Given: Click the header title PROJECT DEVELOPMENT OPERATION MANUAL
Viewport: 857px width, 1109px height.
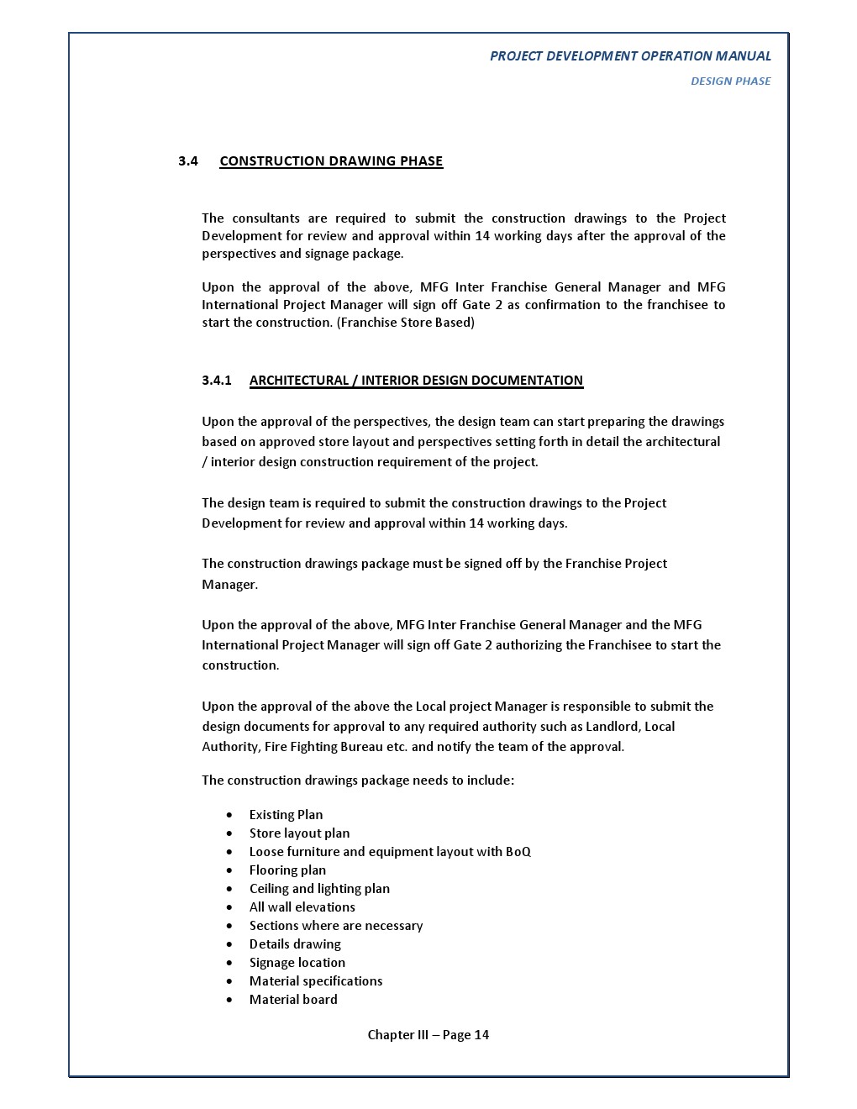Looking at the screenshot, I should (x=630, y=56).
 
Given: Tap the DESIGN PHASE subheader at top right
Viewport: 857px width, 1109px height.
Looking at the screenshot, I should (x=730, y=81).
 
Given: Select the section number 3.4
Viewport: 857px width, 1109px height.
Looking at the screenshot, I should (x=187, y=161).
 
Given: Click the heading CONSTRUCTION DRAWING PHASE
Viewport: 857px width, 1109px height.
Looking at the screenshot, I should (x=331, y=161).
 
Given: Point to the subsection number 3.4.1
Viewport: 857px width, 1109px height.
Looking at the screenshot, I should (x=216, y=381).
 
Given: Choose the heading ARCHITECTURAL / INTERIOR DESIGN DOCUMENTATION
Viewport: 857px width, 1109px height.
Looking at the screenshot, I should (x=416, y=381).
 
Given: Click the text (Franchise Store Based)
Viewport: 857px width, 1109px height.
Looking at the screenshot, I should (x=406, y=323).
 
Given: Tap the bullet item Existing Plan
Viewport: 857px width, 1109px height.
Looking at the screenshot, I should (x=286, y=815).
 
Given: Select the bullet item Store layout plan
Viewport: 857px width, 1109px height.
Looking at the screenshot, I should (x=299, y=833).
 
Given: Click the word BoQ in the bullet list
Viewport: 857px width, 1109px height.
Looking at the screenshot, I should (x=518, y=852).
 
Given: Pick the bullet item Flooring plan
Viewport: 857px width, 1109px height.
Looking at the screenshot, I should (x=287, y=870).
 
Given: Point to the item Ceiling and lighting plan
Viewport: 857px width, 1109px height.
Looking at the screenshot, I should (x=319, y=889).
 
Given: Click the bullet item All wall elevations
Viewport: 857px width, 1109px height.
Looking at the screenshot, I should (x=302, y=907).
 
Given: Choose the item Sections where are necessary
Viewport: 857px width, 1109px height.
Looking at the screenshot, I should (x=336, y=926).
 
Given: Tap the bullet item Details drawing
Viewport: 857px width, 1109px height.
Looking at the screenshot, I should (x=295, y=944).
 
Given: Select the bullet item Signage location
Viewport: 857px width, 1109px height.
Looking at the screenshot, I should (x=297, y=963).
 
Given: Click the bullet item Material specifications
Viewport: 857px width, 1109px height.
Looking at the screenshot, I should (x=316, y=981).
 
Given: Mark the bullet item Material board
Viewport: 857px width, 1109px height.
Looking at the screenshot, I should (x=293, y=1000).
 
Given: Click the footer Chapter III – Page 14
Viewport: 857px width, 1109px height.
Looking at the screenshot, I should (x=428, y=1035).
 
